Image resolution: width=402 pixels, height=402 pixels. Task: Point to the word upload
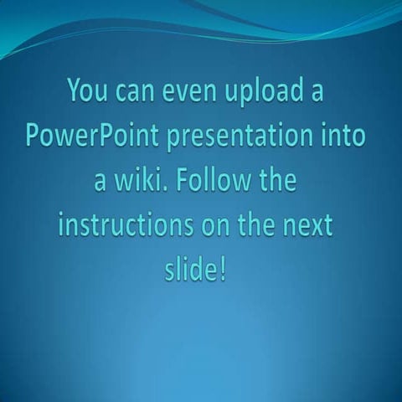click(x=270, y=92)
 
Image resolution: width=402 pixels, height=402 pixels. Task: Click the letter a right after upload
click(x=317, y=91)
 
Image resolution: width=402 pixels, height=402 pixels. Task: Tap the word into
click(x=340, y=136)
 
